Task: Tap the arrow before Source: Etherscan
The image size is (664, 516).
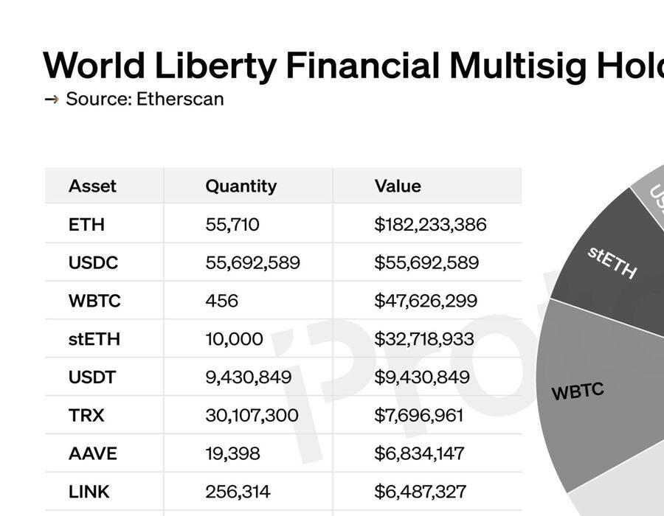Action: pos(52,99)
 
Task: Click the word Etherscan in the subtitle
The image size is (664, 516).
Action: pos(180,99)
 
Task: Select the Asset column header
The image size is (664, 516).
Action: pos(92,186)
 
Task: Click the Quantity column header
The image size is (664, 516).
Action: pos(241,186)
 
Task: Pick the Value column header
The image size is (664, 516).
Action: pos(398,186)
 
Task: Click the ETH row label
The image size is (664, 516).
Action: pos(86,224)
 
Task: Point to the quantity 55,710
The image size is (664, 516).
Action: pos(232,224)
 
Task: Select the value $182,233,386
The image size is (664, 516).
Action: pos(430,224)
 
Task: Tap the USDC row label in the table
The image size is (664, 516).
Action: pos(93,262)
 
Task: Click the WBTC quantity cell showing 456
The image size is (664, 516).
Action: pos(222,301)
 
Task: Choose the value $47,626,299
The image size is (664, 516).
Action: pos(426,301)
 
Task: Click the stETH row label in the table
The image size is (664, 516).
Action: pos(94,339)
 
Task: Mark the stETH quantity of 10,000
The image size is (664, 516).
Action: pos(234,339)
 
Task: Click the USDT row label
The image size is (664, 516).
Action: pos(92,377)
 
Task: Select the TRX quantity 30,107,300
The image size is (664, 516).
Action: pos(252,416)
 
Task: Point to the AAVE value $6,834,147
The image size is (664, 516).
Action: pos(419,454)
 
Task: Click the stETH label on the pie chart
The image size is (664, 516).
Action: pos(612,262)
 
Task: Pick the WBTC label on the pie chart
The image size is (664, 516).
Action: pos(578,391)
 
